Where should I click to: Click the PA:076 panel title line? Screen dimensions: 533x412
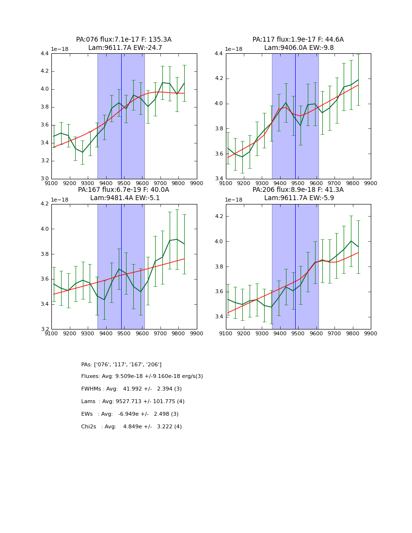click(x=124, y=40)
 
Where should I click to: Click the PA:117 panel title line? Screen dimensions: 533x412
click(x=298, y=40)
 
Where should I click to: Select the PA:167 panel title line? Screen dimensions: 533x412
click(x=124, y=190)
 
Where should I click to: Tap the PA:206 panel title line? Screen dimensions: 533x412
click(x=298, y=190)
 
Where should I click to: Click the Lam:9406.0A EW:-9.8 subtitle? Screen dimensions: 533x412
click(x=298, y=48)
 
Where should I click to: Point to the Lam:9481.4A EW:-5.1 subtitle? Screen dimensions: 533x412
click(x=124, y=198)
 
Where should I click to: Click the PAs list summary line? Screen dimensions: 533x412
click(x=121, y=364)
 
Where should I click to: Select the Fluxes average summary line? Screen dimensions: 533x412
click(x=142, y=376)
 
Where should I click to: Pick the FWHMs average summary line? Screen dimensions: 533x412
click(x=131, y=389)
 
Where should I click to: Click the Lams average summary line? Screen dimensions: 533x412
click(x=133, y=402)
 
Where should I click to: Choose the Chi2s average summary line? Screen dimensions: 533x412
click(x=131, y=427)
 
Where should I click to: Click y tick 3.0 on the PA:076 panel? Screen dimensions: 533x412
click(x=44, y=179)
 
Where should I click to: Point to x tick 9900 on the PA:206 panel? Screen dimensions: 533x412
click(x=371, y=333)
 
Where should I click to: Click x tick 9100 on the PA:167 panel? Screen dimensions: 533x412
click(x=51, y=333)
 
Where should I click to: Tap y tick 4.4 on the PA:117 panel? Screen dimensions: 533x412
click(x=219, y=53)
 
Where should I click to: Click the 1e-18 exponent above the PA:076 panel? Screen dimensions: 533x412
click(x=60, y=49)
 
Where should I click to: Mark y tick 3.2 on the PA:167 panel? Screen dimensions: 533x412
click(x=44, y=329)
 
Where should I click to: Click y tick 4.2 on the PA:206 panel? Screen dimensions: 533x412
click(x=219, y=217)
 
